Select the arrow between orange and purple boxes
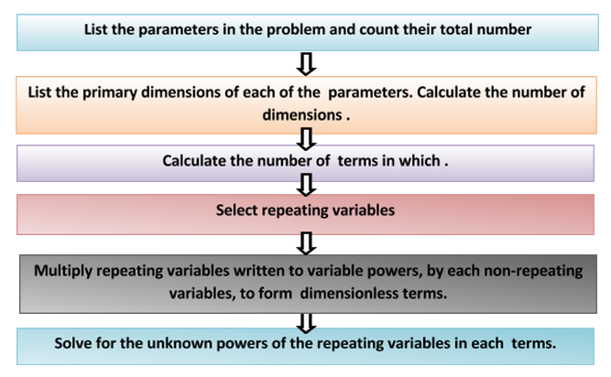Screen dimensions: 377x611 click(x=308, y=137)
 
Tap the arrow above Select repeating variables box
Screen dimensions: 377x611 click(x=308, y=184)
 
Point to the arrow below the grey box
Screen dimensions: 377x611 click(x=308, y=321)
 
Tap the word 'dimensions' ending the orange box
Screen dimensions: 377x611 click(x=305, y=116)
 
